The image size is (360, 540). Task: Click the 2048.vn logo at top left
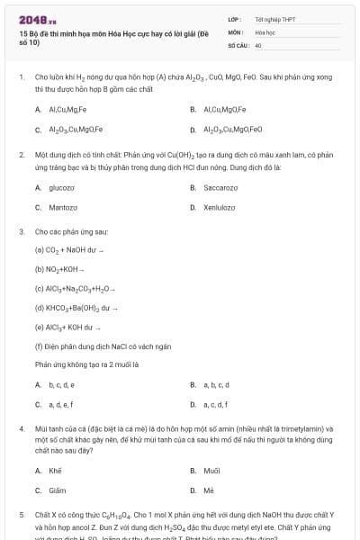[31, 19]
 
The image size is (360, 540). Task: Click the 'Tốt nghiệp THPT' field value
[274, 18]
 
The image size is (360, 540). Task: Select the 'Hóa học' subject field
[265, 31]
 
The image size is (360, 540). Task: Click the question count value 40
[258, 44]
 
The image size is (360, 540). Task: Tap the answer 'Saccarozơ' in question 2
[220, 187]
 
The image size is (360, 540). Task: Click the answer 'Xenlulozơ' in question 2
[220, 207]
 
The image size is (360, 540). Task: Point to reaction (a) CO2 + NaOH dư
[70, 249]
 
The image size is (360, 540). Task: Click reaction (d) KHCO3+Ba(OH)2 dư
[81, 308]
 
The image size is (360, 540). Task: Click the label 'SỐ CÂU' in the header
[238, 44]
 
